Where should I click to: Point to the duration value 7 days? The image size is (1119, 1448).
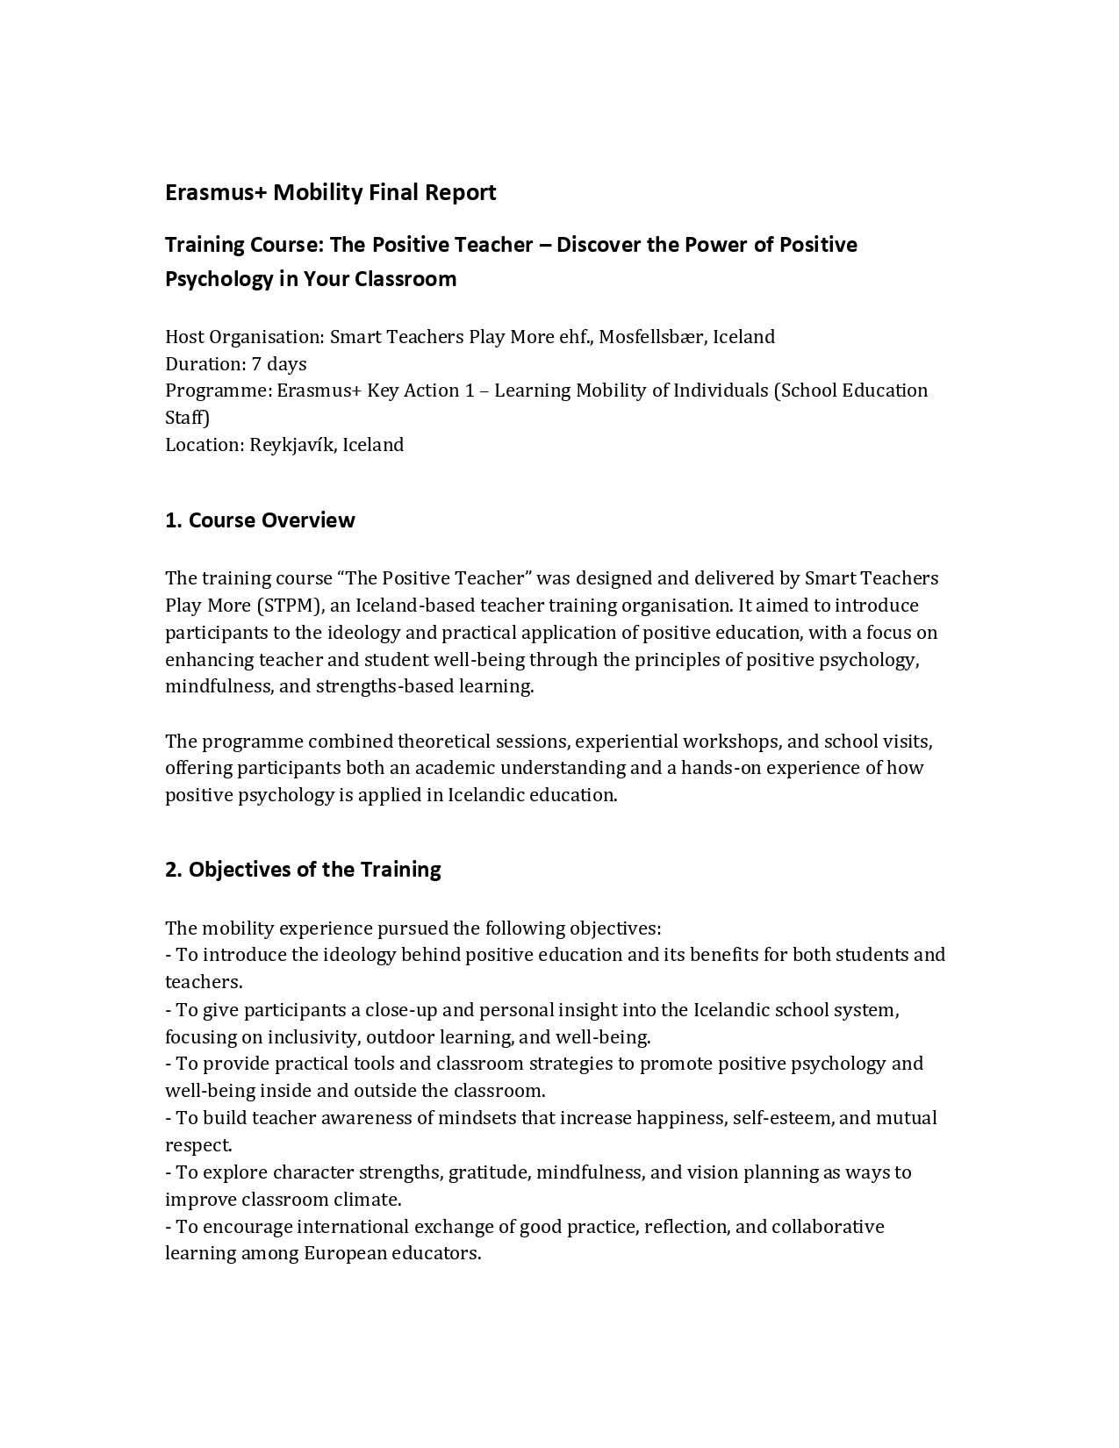click(279, 364)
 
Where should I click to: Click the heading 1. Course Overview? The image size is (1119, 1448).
click(260, 520)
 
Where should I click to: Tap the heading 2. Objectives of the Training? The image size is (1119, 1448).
click(303, 870)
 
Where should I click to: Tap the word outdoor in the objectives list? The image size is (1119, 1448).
click(400, 1037)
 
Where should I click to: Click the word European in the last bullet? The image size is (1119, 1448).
click(346, 1253)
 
